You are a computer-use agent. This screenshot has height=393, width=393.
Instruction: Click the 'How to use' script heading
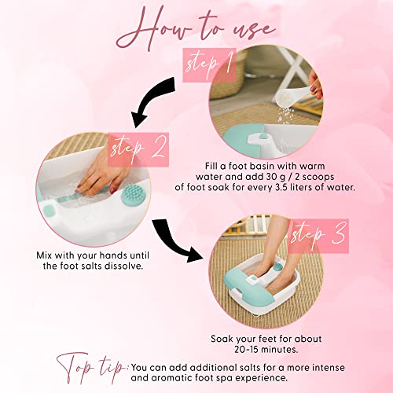(194, 29)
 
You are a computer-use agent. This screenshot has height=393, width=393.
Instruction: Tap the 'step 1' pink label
(209, 64)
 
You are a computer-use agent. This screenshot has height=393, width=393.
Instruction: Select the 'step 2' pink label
(138, 149)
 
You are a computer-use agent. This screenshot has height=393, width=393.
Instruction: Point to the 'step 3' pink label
(319, 236)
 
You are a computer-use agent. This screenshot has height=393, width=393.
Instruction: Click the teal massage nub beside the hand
(132, 194)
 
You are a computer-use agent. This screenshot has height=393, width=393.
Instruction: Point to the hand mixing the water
(104, 174)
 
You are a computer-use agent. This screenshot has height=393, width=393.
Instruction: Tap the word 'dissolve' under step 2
(123, 266)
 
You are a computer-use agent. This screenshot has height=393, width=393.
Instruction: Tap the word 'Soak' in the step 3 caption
(222, 339)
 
